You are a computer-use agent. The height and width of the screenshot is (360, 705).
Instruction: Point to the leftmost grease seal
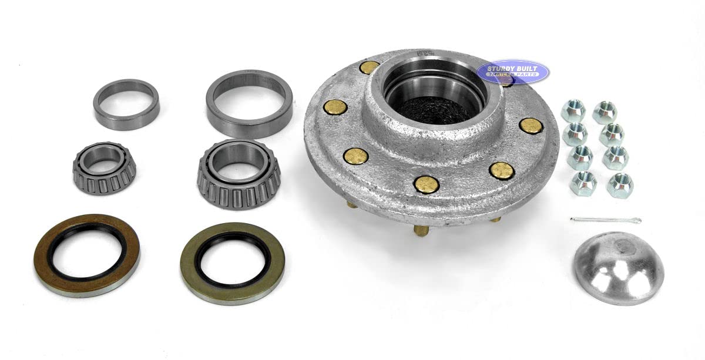coord(86,255)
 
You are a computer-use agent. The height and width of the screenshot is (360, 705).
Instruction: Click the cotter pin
coord(605,220)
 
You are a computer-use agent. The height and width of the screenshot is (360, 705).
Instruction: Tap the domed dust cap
coord(618,267)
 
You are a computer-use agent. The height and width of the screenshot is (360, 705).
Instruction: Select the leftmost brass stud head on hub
coord(335,107)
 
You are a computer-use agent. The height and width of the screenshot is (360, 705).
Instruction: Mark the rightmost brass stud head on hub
coord(531,126)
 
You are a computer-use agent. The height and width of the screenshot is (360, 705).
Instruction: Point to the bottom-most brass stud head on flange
coord(426,184)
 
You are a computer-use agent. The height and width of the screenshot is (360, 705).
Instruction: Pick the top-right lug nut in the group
coord(604,112)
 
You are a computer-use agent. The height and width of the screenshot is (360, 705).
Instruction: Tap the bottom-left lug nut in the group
coord(583,183)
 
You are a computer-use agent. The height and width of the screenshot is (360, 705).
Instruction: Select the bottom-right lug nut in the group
coord(620,184)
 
